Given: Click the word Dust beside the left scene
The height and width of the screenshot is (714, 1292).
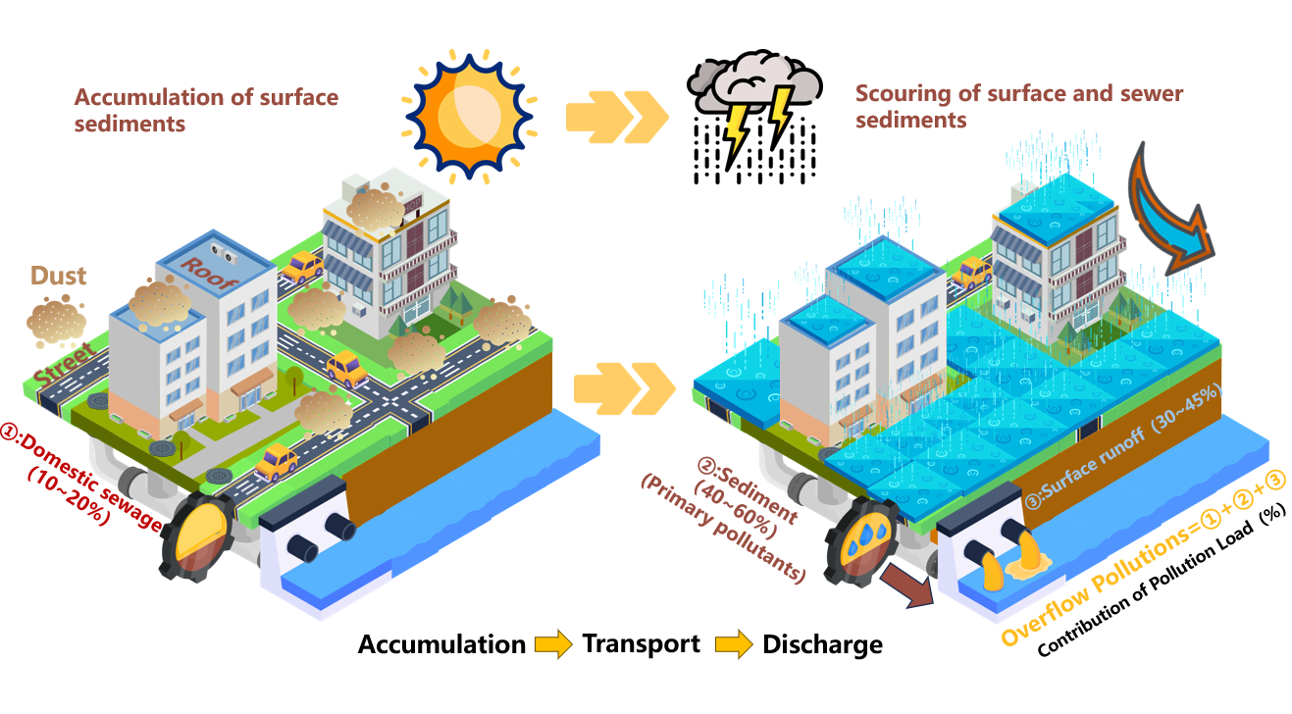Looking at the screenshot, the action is point(59,276).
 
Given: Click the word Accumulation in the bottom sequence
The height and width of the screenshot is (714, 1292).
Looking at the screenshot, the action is point(441,644).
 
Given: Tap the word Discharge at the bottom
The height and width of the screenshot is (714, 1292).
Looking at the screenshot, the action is point(822,644).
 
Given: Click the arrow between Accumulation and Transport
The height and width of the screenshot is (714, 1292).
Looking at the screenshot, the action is point(553,644).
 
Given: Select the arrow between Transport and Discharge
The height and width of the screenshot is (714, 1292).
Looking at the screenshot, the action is point(732,644).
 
